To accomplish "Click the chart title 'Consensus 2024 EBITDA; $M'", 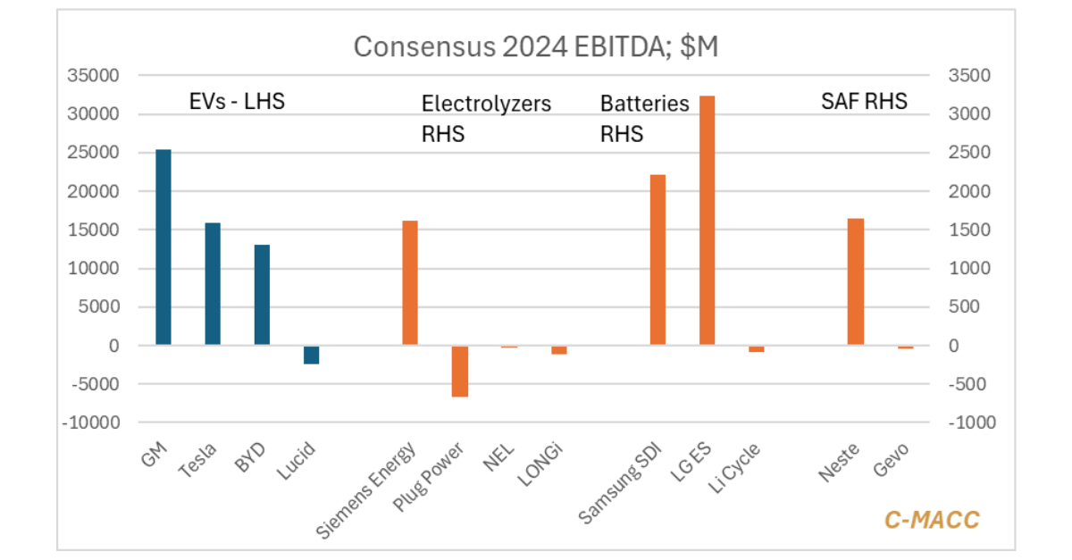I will coord(536,46).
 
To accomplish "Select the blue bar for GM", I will coord(163,247).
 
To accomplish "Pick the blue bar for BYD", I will coord(262,295).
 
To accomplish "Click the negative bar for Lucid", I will coord(311,355).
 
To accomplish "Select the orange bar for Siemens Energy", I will coord(410,282).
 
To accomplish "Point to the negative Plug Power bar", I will coord(459,371).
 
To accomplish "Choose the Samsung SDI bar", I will coord(657,259).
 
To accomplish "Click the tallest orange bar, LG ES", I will coord(707,220).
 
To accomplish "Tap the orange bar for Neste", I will coord(856,281).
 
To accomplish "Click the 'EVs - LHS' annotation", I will coord(237,101).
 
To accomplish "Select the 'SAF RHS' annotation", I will coord(864,101).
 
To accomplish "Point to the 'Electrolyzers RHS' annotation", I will coord(486,118).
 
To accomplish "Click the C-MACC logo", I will coord(932,520).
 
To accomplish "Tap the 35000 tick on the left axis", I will coord(94,76).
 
